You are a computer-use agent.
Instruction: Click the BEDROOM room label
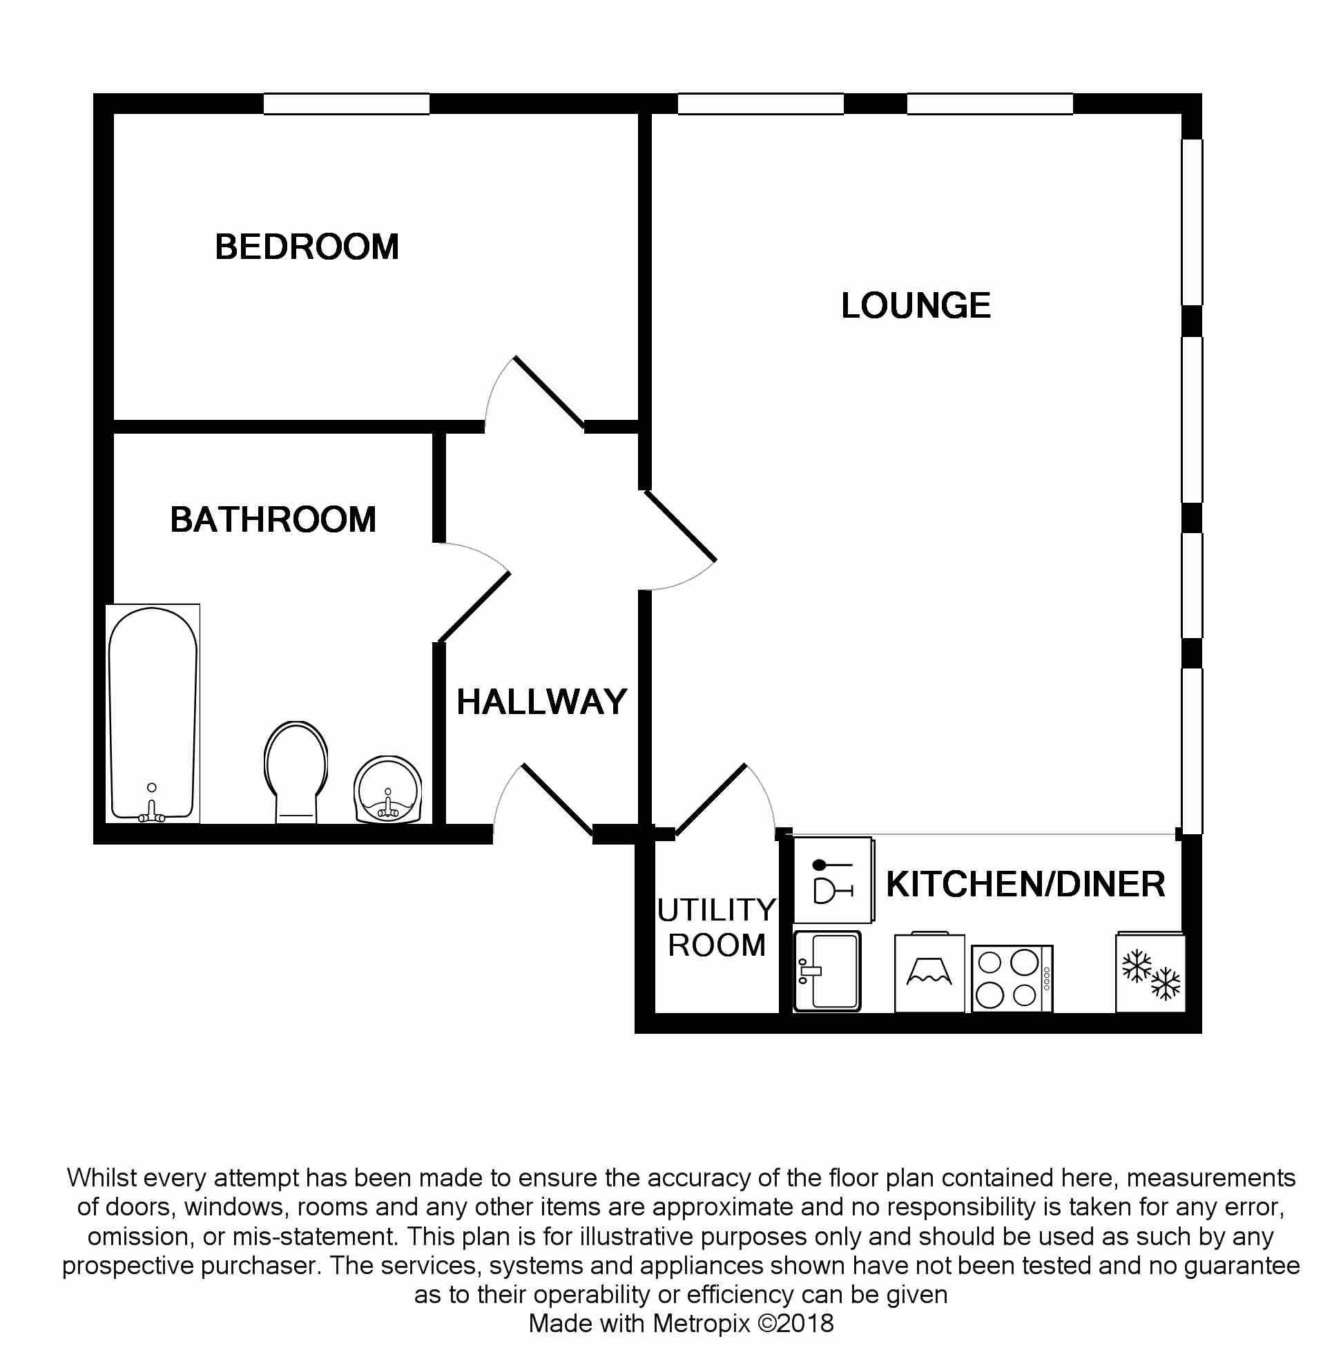point(307,247)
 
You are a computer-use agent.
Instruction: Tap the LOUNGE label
point(916,306)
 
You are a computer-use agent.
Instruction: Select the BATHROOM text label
point(273,520)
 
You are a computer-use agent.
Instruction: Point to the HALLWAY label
point(542,702)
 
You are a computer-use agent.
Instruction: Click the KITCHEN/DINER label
point(1025,885)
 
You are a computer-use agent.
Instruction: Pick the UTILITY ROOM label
point(716,927)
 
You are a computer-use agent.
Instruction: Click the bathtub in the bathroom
point(153,713)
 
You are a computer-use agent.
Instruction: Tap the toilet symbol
point(296,771)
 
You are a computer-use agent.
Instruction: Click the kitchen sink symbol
point(828,972)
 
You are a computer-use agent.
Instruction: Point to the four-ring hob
point(1012,979)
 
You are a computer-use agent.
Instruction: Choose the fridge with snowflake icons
point(1150,974)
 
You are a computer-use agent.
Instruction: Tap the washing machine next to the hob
point(929,973)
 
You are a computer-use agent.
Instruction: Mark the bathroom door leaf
point(474,606)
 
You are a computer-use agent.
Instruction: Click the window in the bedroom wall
point(346,104)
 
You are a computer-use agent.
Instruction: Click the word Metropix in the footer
point(701,1323)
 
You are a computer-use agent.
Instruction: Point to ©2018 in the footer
point(795,1323)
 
